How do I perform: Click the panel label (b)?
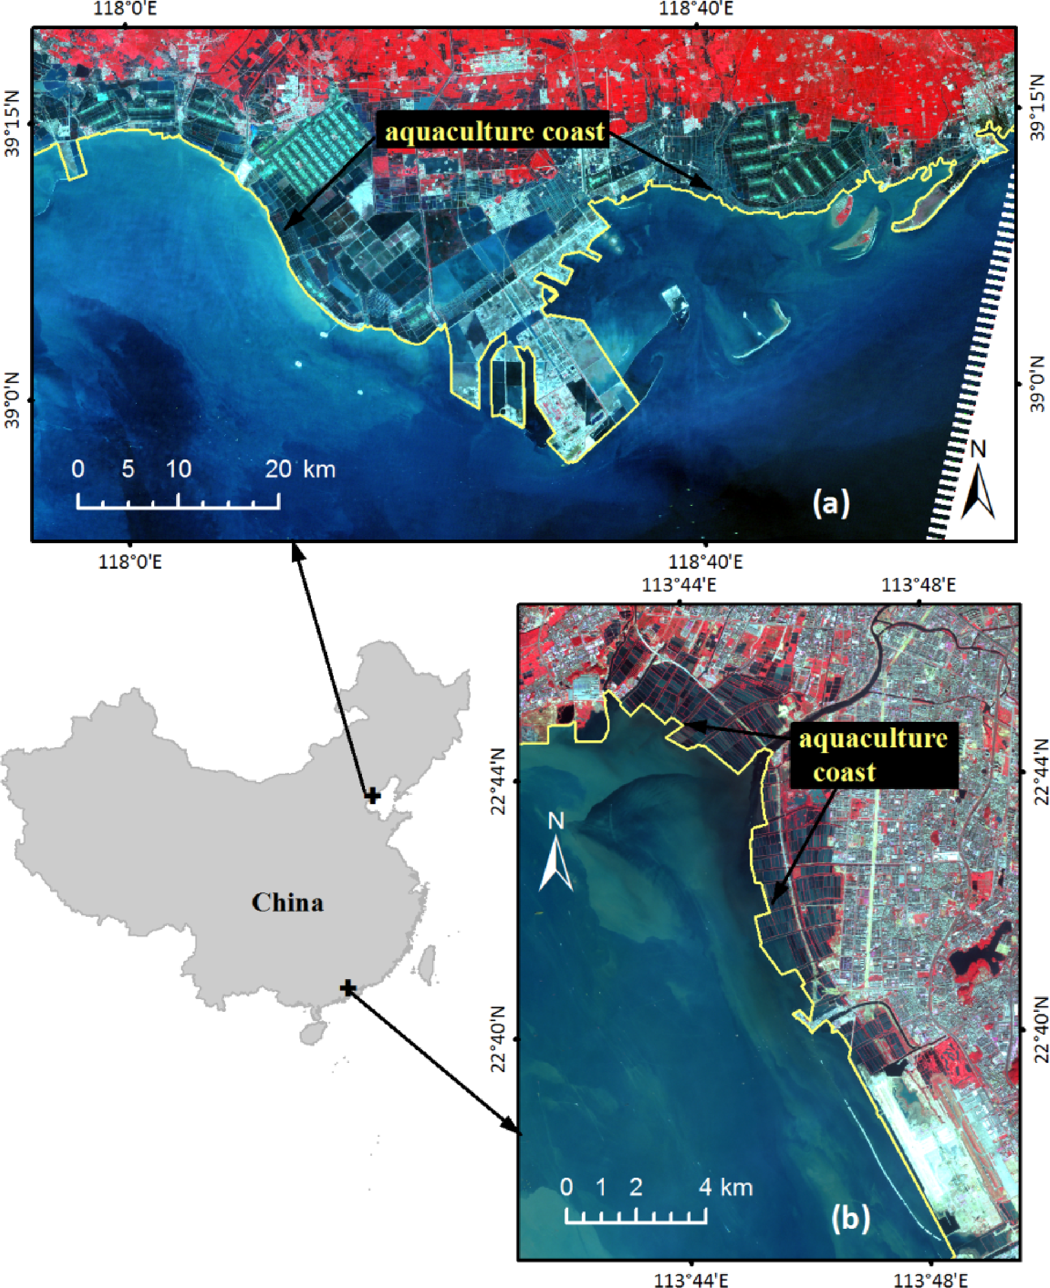pos(850,1217)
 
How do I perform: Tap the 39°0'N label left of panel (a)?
pos(12,400)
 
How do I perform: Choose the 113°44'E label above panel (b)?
pos(679,586)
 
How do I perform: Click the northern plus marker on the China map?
pos(373,796)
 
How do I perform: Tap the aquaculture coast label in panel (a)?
pos(494,131)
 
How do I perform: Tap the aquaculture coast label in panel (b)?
pos(873,755)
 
